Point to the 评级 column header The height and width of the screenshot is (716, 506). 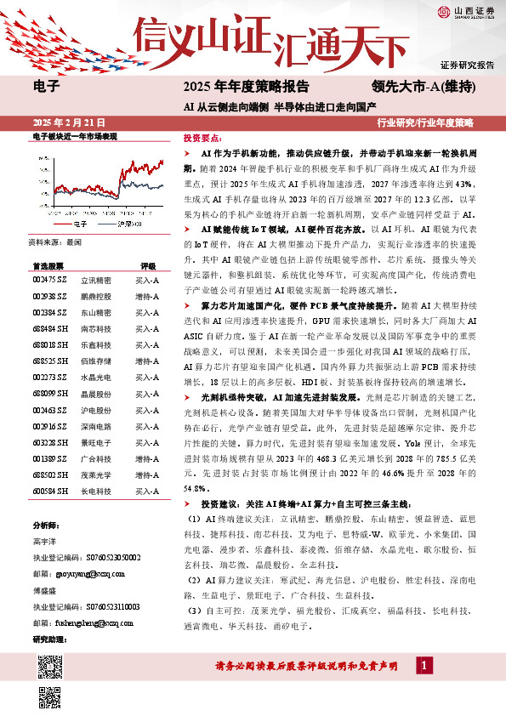coord(148,242)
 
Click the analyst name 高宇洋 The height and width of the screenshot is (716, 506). coord(45,541)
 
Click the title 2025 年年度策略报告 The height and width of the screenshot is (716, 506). coord(241,86)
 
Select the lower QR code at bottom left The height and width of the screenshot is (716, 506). coord(49,696)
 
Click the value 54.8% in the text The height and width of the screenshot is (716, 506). coord(195,489)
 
